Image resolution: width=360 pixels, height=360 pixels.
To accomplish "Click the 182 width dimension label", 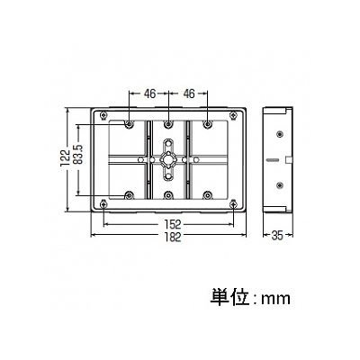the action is tap(173, 237).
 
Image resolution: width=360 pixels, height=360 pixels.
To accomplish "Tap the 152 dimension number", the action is tap(173, 224).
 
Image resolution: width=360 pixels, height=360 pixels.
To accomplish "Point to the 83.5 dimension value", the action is tap(78, 155).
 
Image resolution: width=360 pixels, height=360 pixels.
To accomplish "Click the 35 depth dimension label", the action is tap(277, 236).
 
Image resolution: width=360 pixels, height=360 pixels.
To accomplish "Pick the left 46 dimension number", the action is tap(149, 94).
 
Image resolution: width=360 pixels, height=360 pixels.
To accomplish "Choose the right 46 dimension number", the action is tap(189, 94).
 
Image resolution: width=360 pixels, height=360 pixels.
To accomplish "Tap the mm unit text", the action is tap(276, 299).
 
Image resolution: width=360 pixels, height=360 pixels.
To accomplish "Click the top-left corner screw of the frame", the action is tap(103, 115).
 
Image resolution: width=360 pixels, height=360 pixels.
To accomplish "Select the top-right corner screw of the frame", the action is tap(233, 115).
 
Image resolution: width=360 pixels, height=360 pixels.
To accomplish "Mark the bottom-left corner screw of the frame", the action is tap(103, 204).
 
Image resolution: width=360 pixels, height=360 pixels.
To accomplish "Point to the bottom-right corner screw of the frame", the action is tap(233, 204).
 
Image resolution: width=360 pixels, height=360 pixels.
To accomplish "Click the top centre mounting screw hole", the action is tap(168, 123).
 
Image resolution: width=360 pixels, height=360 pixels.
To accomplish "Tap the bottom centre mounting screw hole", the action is tap(168, 195).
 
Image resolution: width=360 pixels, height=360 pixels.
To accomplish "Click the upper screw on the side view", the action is tap(280, 134).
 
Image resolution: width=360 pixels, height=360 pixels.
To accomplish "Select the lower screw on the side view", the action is tap(280, 185).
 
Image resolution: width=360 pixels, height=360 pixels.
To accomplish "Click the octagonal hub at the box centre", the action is tap(168, 159).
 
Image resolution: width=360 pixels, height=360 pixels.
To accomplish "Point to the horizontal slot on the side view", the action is tap(273, 159).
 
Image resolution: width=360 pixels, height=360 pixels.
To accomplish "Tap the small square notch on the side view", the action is tap(288, 159).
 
